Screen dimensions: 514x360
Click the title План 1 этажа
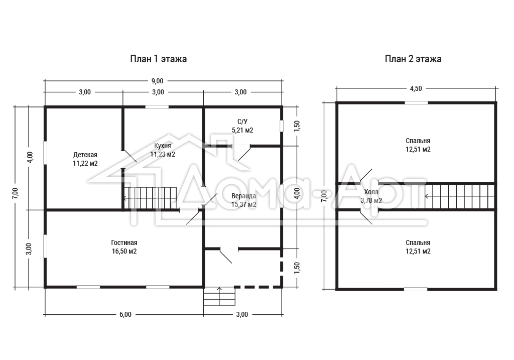(158, 59)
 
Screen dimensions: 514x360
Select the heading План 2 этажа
(413, 59)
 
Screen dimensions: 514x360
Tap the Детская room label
(85, 155)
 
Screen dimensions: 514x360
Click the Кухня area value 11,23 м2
(163, 155)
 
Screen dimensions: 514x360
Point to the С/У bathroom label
(242, 122)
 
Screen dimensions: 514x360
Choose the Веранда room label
(243, 196)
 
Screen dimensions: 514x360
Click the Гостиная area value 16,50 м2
(124, 252)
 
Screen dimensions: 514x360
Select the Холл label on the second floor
(371, 192)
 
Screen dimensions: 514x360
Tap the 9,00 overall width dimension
(157, 81)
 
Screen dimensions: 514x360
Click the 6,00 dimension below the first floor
(125, 314)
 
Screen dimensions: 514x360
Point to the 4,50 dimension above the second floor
(416, 88)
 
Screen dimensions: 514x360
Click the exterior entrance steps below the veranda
(219, 296)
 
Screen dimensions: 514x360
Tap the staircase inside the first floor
(151, 198)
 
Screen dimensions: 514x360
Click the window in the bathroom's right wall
(281, 126)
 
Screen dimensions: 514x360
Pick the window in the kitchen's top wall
(157, 107)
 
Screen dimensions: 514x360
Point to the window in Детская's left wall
(45, 153)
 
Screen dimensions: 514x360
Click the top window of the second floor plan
(416, 102)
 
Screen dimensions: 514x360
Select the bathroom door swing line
(244, 153)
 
